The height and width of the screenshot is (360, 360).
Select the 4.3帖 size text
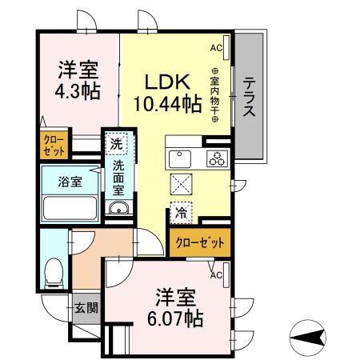77,90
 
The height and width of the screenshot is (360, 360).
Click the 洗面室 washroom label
118,178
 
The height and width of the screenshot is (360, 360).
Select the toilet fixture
55,272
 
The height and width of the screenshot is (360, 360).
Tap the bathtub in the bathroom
70,210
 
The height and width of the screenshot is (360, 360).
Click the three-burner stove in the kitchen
216,158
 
